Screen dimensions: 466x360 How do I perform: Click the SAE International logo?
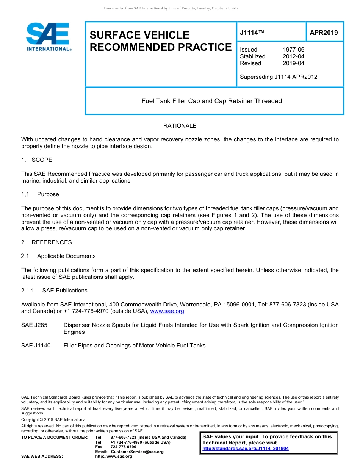point(49,37)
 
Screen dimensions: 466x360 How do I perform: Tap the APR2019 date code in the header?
point(324,33)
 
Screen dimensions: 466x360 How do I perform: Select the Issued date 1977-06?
point(293,50)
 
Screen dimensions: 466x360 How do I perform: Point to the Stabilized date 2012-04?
point(293,56)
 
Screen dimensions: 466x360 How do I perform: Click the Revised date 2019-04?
point(293,63)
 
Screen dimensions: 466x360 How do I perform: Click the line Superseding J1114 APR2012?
point(279,77)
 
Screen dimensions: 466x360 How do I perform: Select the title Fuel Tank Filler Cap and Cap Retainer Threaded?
point(211,101)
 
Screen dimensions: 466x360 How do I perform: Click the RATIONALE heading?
point(180,126)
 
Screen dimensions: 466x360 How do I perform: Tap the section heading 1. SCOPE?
point(37,160)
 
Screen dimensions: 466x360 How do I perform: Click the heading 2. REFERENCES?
point(46,242)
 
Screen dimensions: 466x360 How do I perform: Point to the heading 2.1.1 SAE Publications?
point(54,291)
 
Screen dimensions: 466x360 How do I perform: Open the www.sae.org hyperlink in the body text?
point(167,311)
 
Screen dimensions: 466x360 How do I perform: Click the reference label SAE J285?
point(34,325)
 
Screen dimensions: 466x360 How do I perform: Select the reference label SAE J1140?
point(36,346)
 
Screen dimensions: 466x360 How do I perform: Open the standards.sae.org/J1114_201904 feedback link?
point(246,449)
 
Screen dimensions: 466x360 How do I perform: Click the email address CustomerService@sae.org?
point(137,452)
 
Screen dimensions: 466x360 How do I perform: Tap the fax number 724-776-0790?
point(123,447)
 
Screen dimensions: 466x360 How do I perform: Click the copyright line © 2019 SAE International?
point(54,419)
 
